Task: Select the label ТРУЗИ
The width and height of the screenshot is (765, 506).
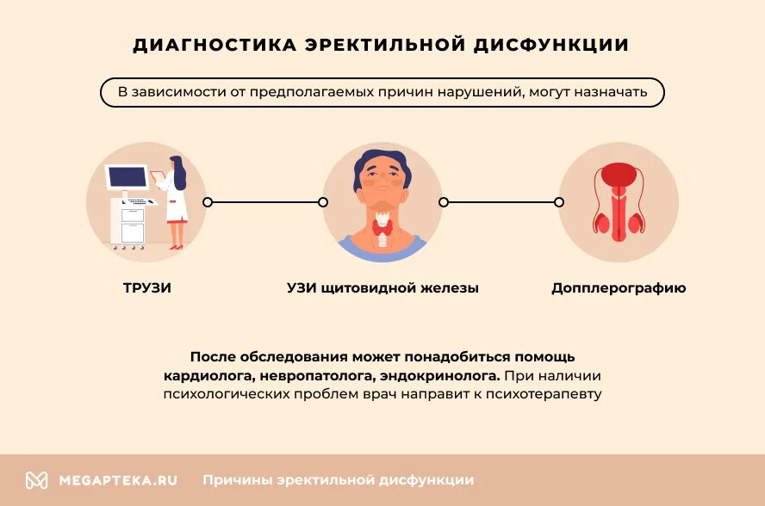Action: click(x=147, y=288)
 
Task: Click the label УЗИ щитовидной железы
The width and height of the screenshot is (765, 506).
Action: click(x=382, y=288)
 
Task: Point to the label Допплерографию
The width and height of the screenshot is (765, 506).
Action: click(x=619, y=288)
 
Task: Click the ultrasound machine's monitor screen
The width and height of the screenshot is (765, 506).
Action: click(x=127, y=177)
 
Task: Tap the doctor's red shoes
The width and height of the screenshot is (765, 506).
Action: click(x=176, y=247)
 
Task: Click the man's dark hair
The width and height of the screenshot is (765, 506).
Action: click(x=380, y=158)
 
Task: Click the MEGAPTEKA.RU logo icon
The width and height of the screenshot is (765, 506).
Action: click(x=36, y=480)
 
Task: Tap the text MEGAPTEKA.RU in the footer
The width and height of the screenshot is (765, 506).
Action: click(x=118, y=480)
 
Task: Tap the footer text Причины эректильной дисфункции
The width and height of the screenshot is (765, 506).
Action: click(x=338, y=480)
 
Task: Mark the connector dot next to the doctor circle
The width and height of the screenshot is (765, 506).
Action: click(x=208, y=202)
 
